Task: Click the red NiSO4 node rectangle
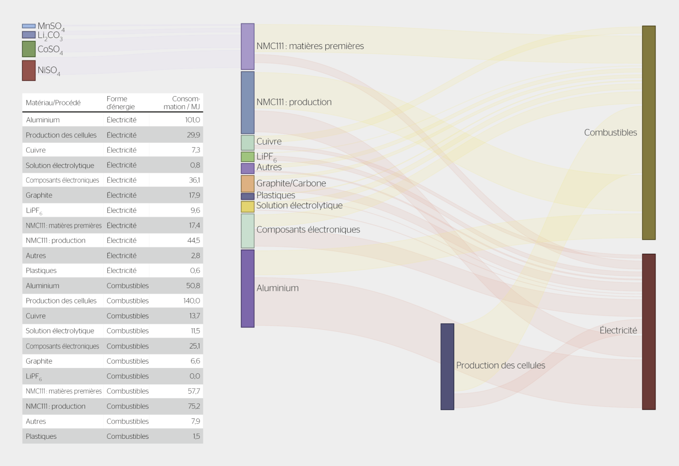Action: tap(29, 70)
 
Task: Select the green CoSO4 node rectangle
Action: tap(29, 49)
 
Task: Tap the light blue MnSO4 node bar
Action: tap(29, 26)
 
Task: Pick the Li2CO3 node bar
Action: tap(29, 35)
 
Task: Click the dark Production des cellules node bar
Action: tap(447, 366)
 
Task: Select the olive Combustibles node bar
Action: tap(649, 133)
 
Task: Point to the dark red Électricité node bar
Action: tap(649, 332)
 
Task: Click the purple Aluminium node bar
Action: tap(248, 288)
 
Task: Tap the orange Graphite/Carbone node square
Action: tap(248, 183)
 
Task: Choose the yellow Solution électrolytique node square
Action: tap(248, 207)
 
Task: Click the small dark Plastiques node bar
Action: tap(248, 196)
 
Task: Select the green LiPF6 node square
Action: tap(248, 157)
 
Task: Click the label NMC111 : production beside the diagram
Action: tap(294, 102)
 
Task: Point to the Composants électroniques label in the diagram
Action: tap(308, 230)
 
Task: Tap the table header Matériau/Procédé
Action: tap(53, 103)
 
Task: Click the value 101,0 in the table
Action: tap(193, 120)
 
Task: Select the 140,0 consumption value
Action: tap(192, 300)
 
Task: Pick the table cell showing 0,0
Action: tap(194, 376)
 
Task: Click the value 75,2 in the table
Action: tap(194, 406)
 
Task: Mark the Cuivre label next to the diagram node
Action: tap(269, 141)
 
